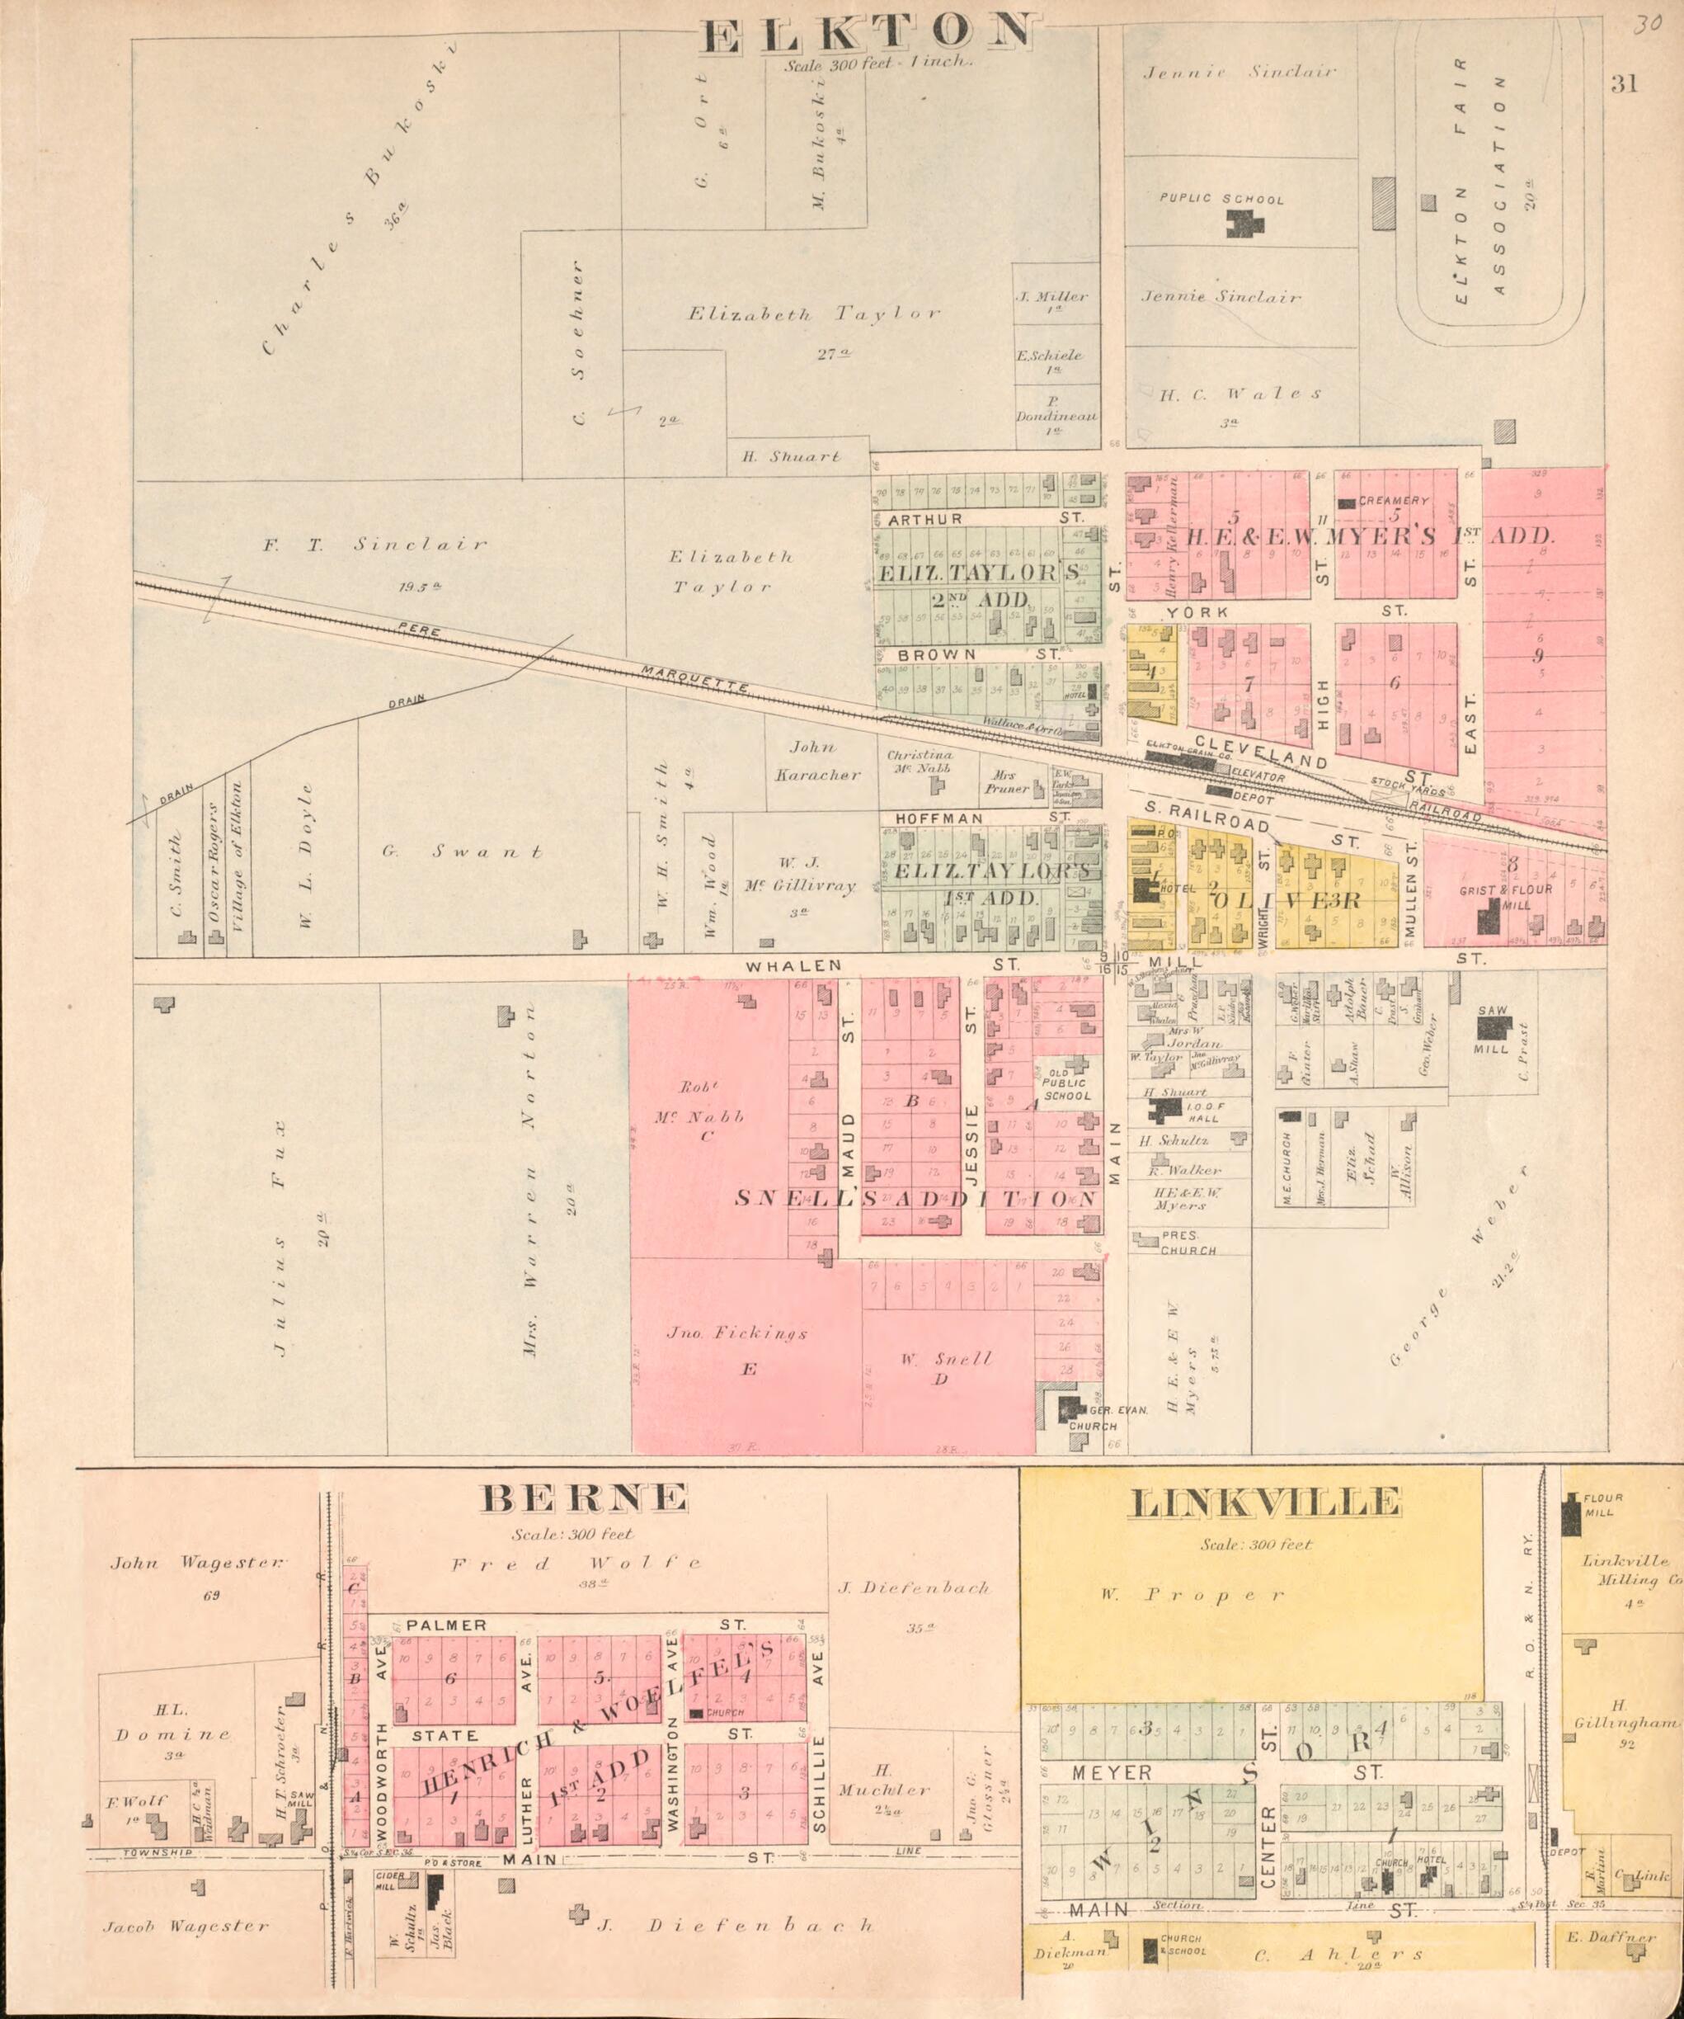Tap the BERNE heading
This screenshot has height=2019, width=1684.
pos(585,1497)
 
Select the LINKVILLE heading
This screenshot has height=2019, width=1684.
pos(1264,1502)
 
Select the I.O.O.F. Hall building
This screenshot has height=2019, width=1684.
pos(1167,1110)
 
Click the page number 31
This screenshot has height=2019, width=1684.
pos(1624,85)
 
